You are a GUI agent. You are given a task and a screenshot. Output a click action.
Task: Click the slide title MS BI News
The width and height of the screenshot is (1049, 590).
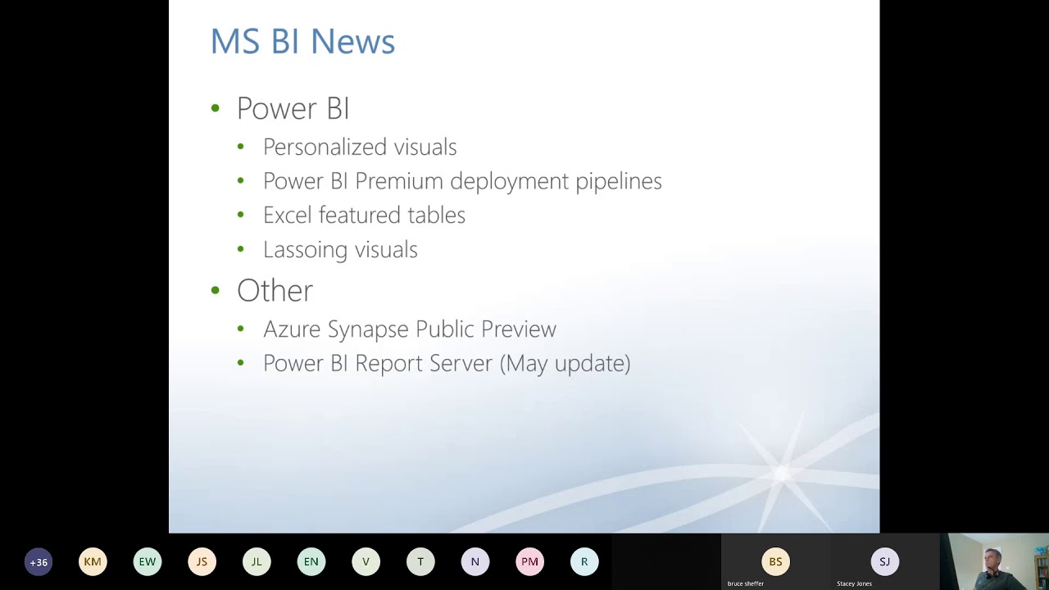click(302, 41)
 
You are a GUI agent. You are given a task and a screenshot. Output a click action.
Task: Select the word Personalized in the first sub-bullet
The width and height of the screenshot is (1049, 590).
click(325, 147)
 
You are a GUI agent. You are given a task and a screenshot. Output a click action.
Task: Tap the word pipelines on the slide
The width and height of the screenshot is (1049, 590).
click(619, 182)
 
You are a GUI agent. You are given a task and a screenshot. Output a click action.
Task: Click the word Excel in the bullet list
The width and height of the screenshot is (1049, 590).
click(287, 215)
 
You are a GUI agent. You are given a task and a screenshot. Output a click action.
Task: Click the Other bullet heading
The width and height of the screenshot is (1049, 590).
click(275, 290)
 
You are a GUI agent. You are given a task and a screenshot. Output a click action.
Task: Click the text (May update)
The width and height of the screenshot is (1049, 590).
click(565, 364)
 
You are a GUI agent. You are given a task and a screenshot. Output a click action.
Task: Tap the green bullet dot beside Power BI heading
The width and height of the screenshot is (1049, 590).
click(216, 109)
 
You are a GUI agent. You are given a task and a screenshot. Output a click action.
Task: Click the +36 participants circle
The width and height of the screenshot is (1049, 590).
click(39, 562)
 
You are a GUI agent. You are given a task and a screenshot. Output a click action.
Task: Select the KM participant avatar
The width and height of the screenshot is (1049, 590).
click(93, 561)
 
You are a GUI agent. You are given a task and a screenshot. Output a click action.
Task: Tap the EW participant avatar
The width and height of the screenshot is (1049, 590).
click(148, 561)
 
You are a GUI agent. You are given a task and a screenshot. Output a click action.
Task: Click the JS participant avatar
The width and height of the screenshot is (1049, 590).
click(202, 561)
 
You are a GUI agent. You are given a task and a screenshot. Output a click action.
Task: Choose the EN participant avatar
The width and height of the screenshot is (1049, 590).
click(311, 561)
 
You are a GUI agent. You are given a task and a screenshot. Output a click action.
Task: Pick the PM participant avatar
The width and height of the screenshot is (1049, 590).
click(529, 561)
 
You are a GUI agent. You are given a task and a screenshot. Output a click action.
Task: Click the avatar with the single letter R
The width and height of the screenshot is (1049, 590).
click(584, 561)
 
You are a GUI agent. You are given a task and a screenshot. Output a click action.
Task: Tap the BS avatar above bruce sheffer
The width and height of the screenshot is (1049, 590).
click(775, 561)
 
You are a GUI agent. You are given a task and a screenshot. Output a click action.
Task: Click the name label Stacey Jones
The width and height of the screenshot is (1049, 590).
click(854, 584)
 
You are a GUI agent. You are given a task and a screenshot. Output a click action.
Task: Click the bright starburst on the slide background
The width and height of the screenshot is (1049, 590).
click(781, 474)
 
